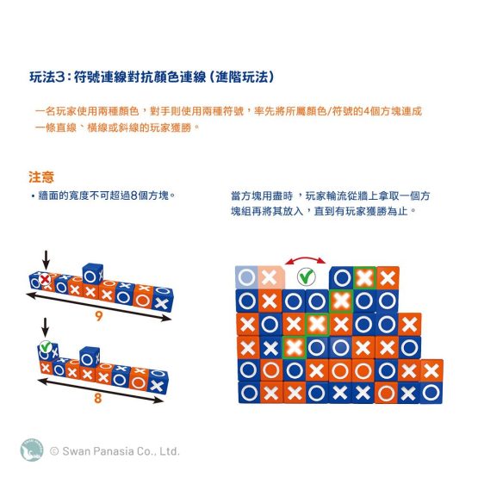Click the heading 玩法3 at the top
[47, 77]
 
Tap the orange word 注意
[41, 177]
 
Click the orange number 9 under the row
[98, 316]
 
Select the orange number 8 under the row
[97, 398]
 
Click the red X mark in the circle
[45, 279]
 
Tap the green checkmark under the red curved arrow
[307, 276]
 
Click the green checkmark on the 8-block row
[46, 346]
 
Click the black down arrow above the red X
[46, 260]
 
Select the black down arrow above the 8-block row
[45, 328]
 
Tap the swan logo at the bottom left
[32, 450]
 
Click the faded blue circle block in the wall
[246, 277]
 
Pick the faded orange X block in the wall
[270, 277]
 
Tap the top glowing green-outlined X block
[364, 278]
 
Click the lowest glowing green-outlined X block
[295, 347]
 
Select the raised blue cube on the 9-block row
[93, 273]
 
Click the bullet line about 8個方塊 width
[103, 196]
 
